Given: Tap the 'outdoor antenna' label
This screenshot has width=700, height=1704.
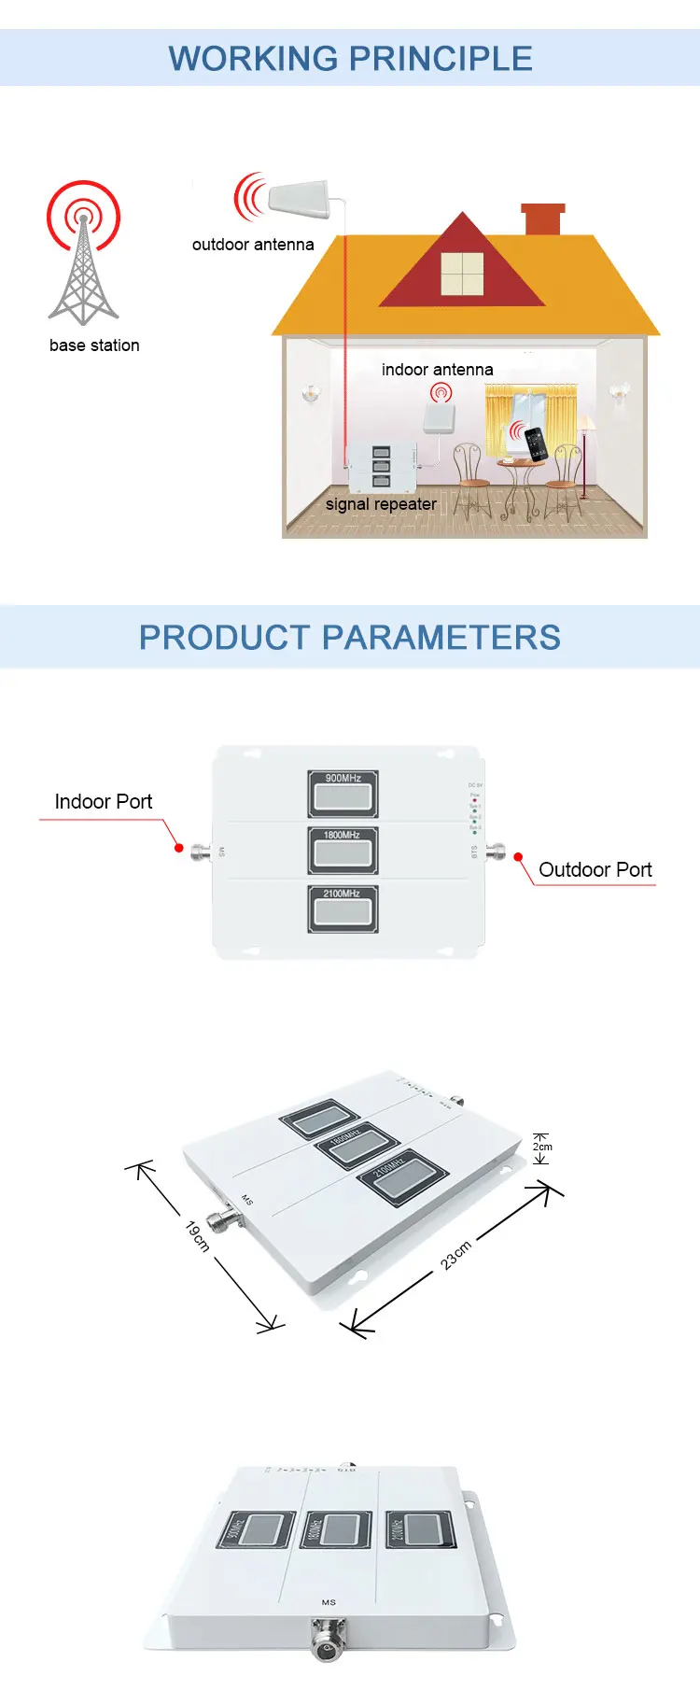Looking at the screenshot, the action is coord(253,245).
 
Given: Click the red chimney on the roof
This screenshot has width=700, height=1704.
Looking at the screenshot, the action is coord(543,219).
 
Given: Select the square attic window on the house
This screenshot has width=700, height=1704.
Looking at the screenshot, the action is coord(462,274).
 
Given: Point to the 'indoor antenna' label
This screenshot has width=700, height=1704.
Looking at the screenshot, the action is coord(437,370).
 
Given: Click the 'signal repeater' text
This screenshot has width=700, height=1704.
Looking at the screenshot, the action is coord(381,504).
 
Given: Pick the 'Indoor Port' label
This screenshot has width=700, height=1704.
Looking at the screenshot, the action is coord(103,802).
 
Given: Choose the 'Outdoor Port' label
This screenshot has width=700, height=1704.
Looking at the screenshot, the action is coord(595,870).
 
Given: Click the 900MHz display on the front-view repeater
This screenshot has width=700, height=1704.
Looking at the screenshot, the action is coord(343,794).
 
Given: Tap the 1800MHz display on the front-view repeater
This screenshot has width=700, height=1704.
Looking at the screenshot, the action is coord(343,851).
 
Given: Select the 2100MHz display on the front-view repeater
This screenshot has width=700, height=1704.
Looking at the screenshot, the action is coord(343,908).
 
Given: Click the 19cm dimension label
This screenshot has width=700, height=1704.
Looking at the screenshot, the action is coord(197,1235).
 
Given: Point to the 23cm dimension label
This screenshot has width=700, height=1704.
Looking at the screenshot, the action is coord(456,1255).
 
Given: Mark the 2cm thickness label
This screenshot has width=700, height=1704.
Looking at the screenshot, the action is coord(542,1147).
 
